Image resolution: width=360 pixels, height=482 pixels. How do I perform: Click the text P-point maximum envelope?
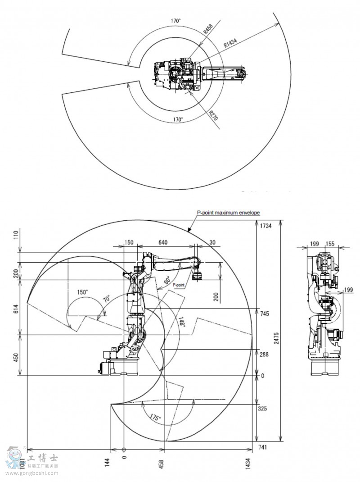tap(228, 213)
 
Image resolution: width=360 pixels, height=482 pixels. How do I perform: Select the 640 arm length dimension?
tap(162, 242)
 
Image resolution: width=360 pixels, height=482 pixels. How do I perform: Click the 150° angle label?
tap(82, 291)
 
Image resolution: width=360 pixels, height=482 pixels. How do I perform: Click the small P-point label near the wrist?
tap(179, 285)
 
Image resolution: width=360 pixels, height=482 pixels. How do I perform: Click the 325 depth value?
tap(263, 409)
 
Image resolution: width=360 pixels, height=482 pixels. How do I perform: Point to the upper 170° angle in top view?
tap(175, 21)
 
